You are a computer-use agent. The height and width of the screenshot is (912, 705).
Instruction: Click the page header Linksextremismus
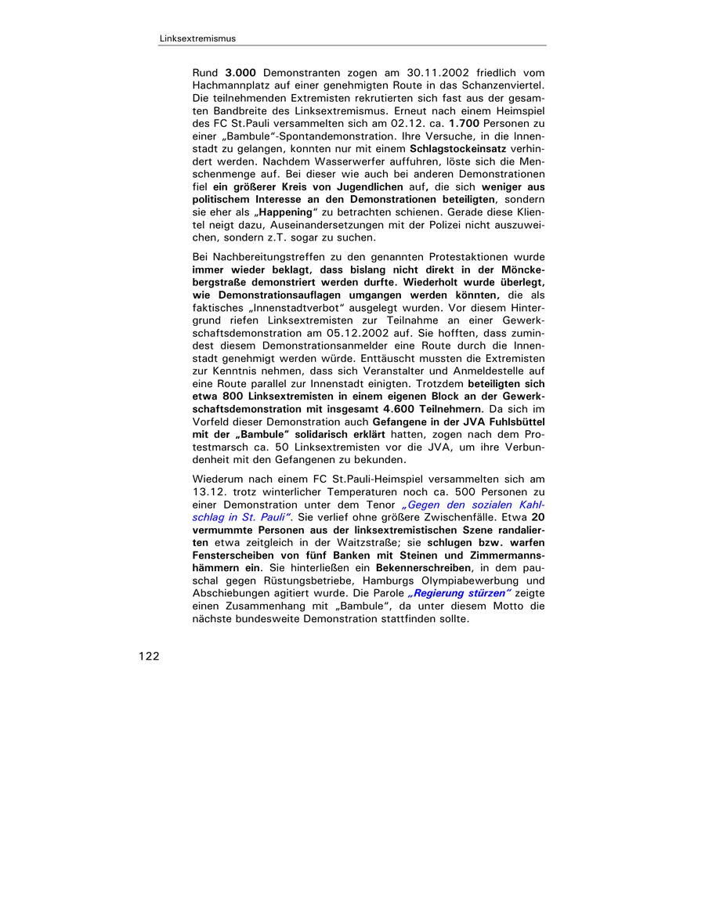(x=197, y=38)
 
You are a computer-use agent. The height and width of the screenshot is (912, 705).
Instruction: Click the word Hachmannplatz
(x=233, y=85)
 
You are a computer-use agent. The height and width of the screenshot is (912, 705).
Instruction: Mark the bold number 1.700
(x=465, y=122)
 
